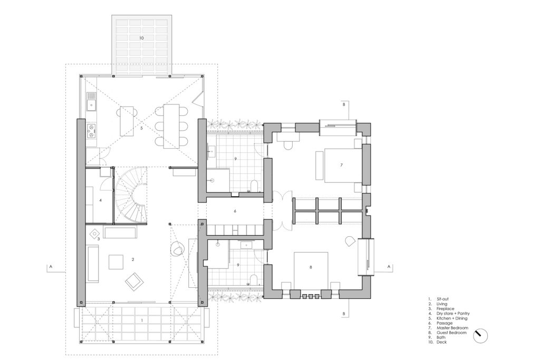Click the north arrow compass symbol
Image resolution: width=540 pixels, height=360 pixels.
480,336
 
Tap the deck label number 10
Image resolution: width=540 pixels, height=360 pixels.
141,38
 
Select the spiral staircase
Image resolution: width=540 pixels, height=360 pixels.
131,195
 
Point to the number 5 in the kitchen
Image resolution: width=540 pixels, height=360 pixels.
141,128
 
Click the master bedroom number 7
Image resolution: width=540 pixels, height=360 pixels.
341,165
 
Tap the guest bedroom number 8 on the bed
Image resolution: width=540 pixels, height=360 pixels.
311,267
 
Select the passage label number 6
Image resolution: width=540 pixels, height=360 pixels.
235,211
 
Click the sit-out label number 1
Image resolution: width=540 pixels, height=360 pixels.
142,320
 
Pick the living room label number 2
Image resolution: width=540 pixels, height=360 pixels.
133,259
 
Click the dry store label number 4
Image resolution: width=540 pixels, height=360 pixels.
100,200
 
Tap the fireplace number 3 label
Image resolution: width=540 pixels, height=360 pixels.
99,239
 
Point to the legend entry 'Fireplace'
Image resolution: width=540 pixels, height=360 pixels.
445,309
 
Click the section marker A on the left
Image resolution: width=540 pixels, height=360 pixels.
51,266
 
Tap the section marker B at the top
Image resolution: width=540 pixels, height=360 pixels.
343,104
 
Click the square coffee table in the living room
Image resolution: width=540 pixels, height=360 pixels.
115,261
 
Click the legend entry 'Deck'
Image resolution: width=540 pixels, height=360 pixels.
441,342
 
